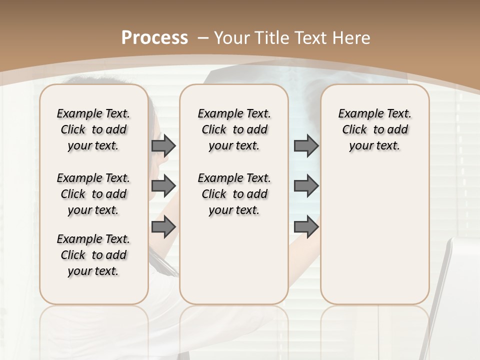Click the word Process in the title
point(154,37)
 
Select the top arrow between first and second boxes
point(163,145)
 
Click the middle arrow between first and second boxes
point(163,186)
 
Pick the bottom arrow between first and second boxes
point(163,227)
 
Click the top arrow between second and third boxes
point(306,145)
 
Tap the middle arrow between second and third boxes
point(306,186)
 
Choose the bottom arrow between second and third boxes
point(306,227)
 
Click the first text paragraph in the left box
point(93,129)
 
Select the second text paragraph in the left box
point(93,194)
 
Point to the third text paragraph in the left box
point(93,255)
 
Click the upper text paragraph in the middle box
point(234,129)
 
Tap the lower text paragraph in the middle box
point(234,194)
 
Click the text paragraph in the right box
point(374,129)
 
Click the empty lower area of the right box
point(374,235)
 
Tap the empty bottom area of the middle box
point(234,265)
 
